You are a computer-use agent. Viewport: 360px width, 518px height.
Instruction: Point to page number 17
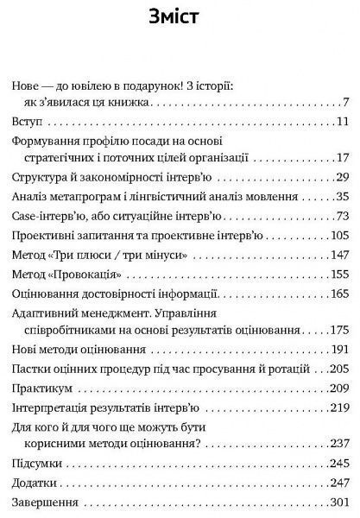pos(342,158)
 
